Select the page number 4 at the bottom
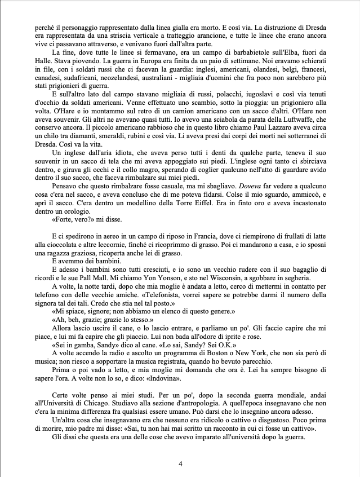tap(180, 463)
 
